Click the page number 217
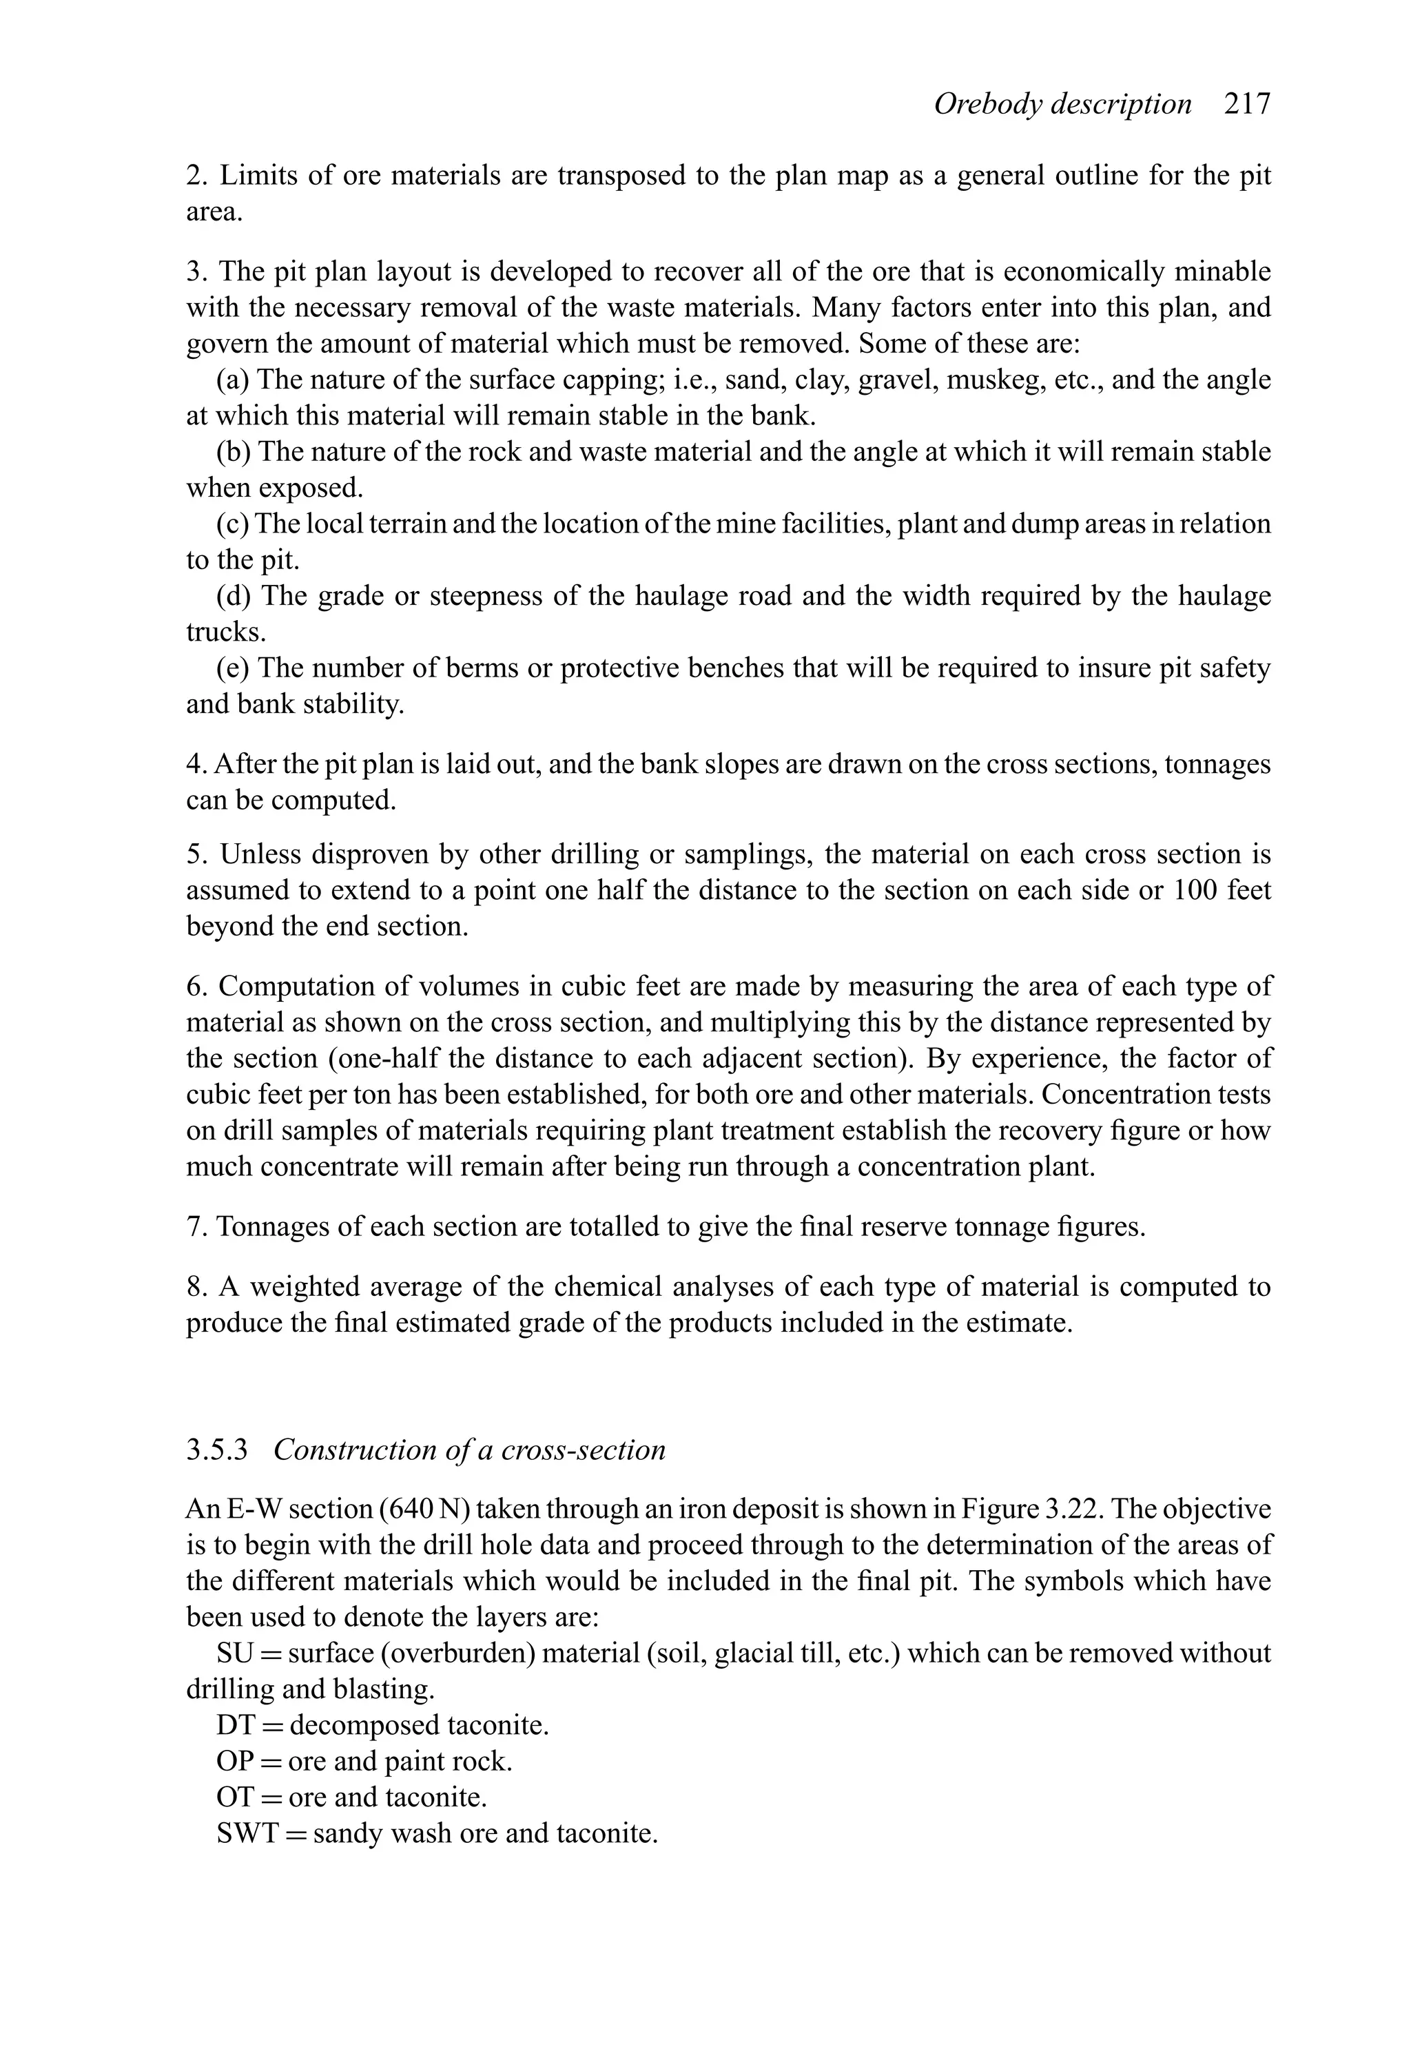pyautogui.click(x=1247, y=105)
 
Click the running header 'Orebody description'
pyautogui.click(x=1062, y=105)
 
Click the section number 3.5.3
pyautogui.click(x=216, y=1450)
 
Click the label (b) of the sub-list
pyautogui.click(x=234, y=452)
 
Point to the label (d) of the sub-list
pyautogui.click(x=234, y=595)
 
